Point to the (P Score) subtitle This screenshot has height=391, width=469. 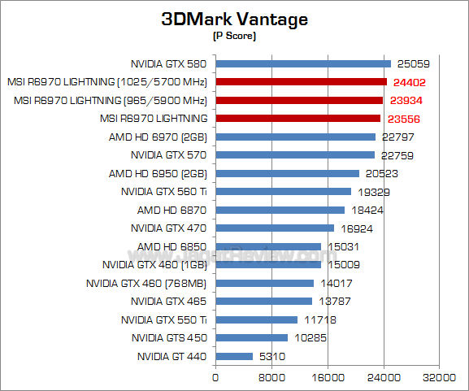click(234, 37)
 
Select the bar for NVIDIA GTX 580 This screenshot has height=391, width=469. click(302, 63)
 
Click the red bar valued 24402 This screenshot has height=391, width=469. click(301, 81)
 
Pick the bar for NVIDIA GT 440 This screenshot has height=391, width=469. click(234, 356)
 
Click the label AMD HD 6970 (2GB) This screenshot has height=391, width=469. click(158, 137)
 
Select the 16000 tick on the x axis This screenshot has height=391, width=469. click(327, 378)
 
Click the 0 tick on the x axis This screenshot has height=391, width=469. click(215, 378)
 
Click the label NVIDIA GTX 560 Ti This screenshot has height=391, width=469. click(163, 192)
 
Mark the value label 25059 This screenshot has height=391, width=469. click(413, 63)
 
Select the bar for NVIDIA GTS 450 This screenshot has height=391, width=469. click(251, 337)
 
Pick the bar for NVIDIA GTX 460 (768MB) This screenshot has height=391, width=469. click(264, 283)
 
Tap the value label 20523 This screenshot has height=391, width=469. click(381, 173)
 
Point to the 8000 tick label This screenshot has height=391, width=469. click(271, 378)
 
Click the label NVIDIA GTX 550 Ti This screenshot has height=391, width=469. click(163, 319)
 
